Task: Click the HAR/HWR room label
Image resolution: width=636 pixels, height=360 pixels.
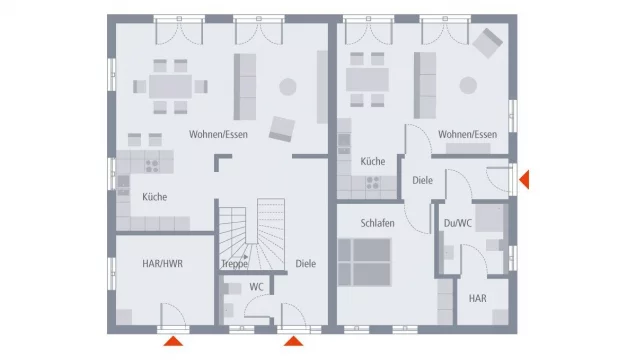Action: tap(162, 264)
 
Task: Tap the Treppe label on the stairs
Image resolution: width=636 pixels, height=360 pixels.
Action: tap(234, 264)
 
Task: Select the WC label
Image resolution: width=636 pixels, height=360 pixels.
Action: tap(256, 287)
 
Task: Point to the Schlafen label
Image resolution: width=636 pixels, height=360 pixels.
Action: tap(377, 223)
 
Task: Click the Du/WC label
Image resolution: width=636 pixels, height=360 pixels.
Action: tap(458, 223)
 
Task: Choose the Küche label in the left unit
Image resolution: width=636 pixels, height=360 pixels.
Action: tap(155, 197)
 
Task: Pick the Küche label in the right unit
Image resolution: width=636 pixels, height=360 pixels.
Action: tap(373, 161)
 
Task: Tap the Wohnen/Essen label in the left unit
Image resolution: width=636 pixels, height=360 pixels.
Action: tap(218, 135)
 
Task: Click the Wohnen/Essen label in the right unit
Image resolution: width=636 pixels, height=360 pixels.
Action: tap(467, 135)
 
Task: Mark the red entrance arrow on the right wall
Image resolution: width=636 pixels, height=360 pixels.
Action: tap(524, 180)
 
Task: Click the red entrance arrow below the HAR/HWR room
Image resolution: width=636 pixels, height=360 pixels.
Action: tap(173, 341)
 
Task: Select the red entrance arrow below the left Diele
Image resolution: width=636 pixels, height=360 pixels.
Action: tap(293, 341)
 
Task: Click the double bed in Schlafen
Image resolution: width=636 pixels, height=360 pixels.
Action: tap(364, 262)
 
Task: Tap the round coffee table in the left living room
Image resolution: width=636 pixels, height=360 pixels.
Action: tap(288, 87)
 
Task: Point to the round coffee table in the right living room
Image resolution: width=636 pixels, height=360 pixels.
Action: tap(468, 86)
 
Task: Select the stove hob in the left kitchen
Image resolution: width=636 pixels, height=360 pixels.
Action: tap(153, 166)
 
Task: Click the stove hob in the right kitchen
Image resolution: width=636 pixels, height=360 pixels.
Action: tap(373, 183)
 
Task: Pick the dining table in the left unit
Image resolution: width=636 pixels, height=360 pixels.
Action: tap(170, 86)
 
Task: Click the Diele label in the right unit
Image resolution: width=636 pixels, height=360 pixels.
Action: tap(422, 180)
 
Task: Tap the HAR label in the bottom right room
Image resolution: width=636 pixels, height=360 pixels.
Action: tap(477, 298)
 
